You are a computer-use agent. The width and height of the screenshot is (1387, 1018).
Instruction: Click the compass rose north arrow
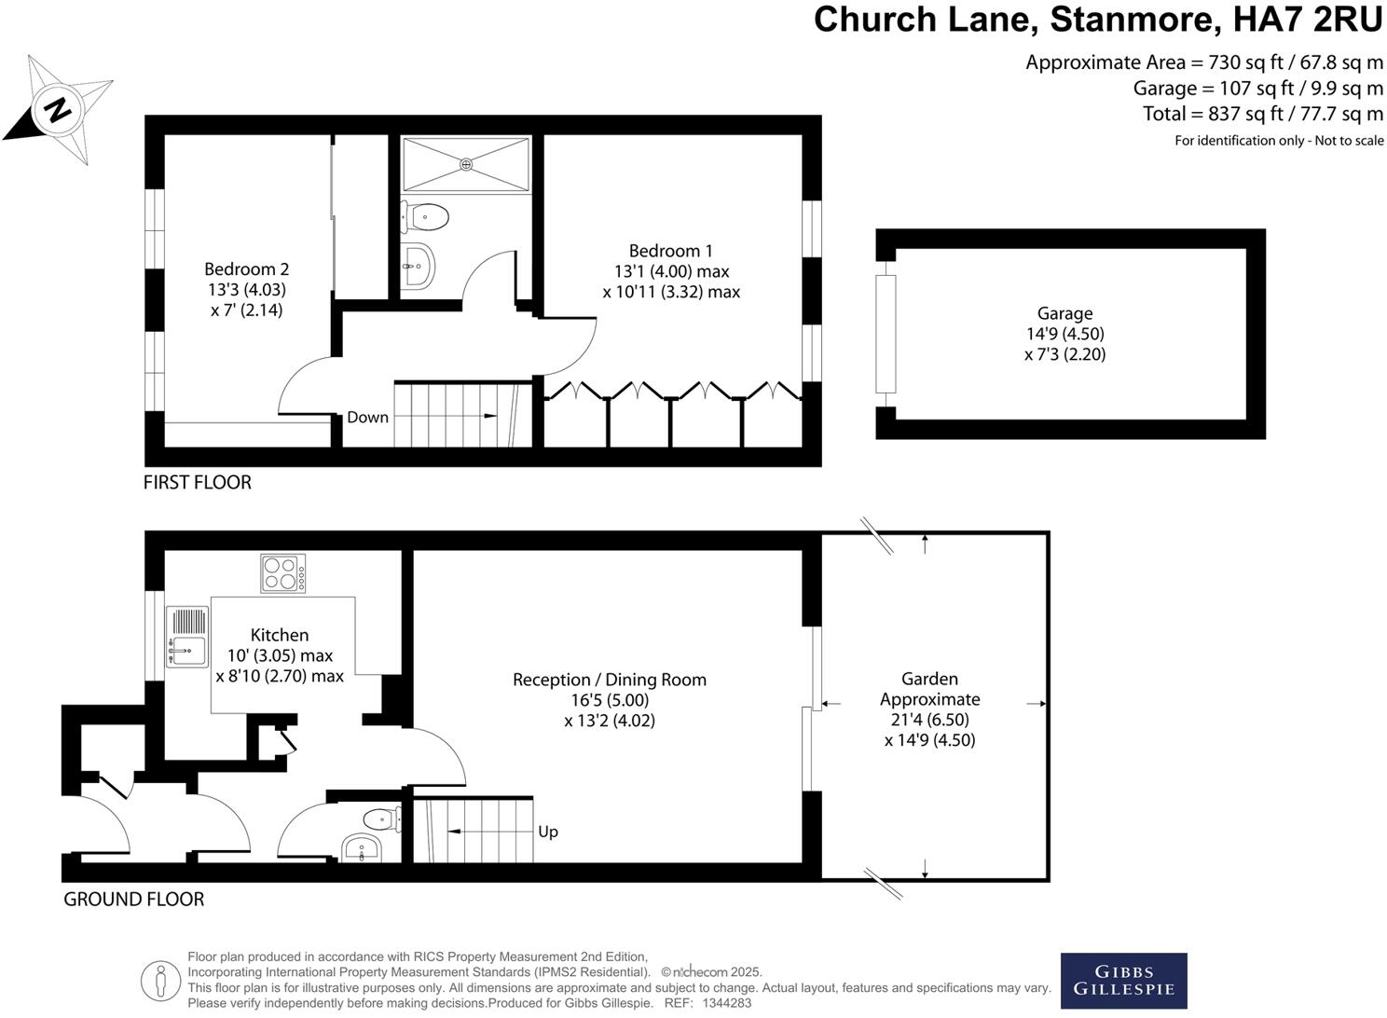(58, 109)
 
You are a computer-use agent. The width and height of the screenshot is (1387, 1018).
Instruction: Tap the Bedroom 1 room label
(670, 251)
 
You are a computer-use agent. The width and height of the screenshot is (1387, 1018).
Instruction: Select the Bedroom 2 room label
(246, 269)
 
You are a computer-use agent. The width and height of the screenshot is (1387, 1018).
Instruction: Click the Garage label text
(1064, 314)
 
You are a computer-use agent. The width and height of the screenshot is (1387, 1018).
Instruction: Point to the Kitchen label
(280, 635)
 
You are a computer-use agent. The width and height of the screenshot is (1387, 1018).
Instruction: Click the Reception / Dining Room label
(610, 680)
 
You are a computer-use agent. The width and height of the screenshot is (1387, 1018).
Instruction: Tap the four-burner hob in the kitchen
(282, 573)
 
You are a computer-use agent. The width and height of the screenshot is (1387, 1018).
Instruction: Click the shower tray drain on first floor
(466, 164)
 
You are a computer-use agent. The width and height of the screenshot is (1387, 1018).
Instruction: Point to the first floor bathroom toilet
(426, 218)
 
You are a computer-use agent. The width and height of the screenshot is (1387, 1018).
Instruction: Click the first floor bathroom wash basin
(418, 267)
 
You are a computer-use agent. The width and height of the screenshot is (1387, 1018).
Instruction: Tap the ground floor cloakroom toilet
(381, 819)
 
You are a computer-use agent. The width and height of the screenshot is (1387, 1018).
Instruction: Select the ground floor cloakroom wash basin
(362, 849)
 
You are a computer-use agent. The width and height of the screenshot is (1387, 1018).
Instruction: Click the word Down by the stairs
(367, 417)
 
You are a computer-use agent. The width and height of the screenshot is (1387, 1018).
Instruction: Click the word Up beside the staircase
(548, 832)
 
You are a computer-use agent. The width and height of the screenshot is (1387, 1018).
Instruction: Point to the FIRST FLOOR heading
(197, 482)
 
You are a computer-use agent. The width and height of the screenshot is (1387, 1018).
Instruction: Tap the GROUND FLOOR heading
(133, 899)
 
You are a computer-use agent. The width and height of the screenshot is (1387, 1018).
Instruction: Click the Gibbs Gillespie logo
(1123, 981)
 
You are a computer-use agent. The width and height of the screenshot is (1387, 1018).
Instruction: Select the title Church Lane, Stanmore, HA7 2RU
(1097, 20)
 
